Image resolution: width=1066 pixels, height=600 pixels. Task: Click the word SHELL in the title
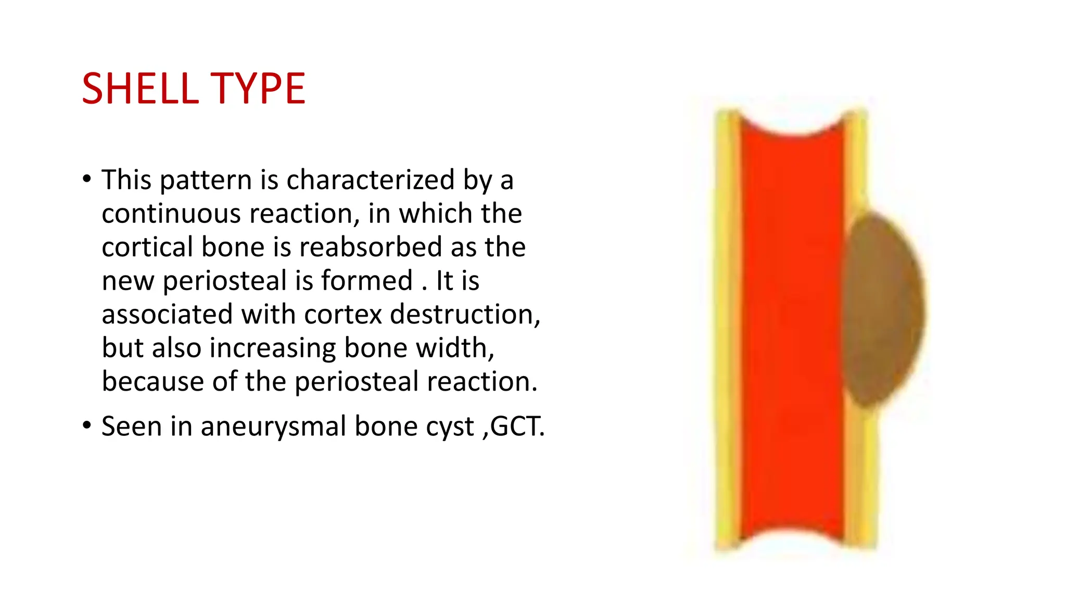140,89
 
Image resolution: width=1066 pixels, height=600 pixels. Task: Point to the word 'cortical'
147,247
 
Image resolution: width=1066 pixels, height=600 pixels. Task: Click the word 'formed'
367,281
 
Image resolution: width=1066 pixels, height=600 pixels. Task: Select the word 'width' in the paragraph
452,348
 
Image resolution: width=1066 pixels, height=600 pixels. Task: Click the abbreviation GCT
515,426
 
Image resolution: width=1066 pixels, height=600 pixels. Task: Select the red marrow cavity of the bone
791,333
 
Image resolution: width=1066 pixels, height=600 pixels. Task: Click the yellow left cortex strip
727,333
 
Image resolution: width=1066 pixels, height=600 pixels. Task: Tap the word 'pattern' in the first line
206,181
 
